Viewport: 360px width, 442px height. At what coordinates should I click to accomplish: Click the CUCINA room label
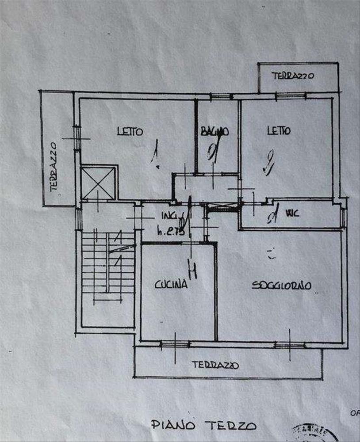tap(171, 285)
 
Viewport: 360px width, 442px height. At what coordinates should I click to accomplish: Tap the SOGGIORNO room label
tap(281, 286)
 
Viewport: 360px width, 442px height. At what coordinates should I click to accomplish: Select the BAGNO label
tap(214, 131)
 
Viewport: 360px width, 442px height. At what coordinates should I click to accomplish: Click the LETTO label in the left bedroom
tap(130, 131)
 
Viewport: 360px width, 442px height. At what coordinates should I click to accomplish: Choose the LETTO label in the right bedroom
tap(279, 131)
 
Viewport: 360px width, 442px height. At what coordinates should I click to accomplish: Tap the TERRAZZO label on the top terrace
tap(293, 76)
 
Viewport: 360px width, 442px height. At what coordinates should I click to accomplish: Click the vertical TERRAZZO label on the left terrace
tap(54, 166)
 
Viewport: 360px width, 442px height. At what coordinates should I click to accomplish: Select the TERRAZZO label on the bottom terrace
tap(215, 365)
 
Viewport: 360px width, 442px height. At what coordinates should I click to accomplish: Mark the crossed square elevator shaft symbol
tap(99, 182)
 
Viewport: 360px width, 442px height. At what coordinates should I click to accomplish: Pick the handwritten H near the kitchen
tap(192, 269)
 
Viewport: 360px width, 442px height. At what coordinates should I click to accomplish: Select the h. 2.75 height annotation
tap(170, 230)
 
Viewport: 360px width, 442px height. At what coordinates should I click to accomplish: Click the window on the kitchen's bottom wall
tap(175, 344)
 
